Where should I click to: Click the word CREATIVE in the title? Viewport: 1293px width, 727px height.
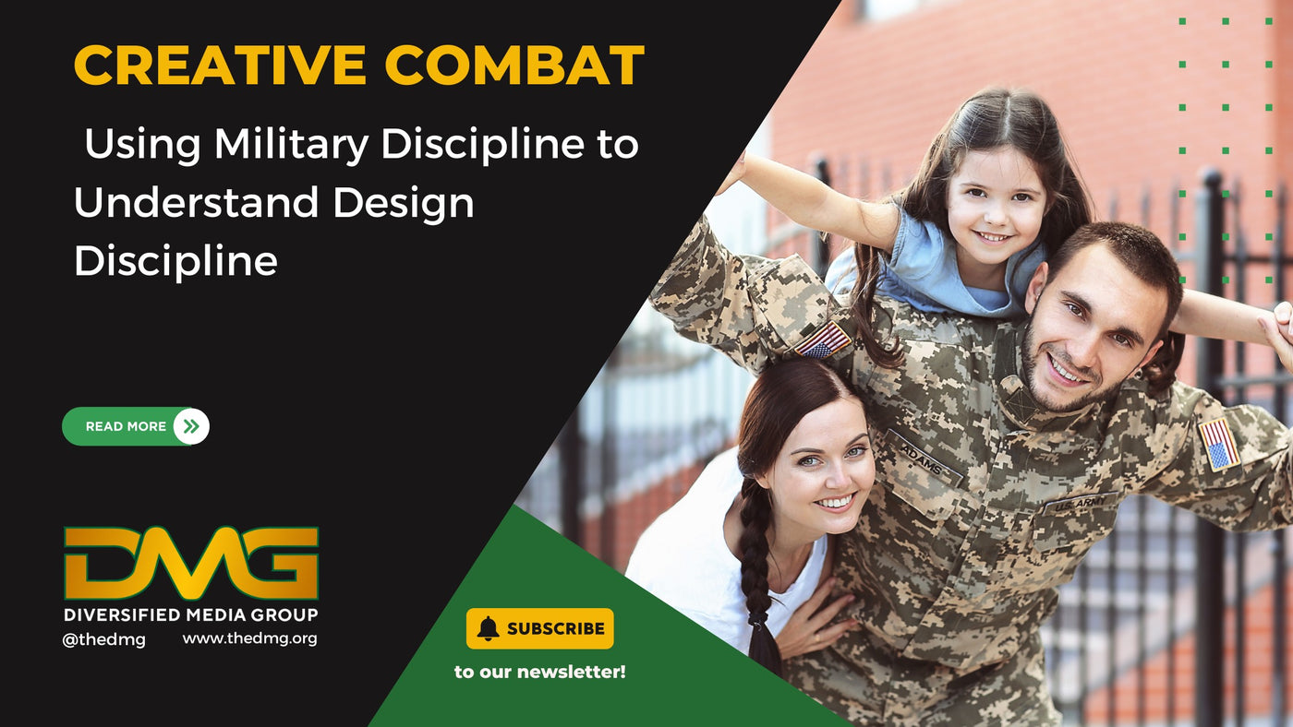(x=220, y=65)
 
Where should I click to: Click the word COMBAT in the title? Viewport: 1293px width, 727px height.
(x=514, y=65)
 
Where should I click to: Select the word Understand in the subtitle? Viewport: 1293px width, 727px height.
(x=196, y=202)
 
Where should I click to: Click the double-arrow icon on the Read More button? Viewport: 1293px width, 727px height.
(x=191, y=426)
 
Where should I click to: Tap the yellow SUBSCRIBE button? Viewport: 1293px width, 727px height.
(x=539, y=628)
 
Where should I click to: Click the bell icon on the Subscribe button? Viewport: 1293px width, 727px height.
(x=488, y=628)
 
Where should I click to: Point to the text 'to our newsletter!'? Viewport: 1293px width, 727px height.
(x=539, y=672)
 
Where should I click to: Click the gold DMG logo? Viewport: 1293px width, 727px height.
(x=191, y=564)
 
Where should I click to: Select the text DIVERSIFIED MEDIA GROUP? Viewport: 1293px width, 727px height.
(x=191, y=615)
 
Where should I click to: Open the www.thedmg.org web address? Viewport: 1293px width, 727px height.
(x=250, y=638)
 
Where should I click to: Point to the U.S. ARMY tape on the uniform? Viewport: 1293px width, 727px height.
(x=1080, y=504)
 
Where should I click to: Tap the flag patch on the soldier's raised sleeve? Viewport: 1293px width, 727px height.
(x=822, y=340)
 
